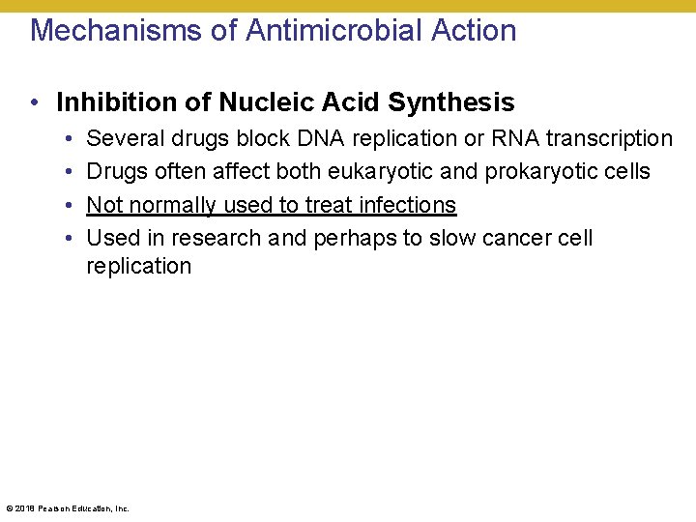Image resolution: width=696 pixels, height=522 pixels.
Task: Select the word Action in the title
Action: click(x=474, y=31)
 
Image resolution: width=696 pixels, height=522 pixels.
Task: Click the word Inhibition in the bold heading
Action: click(x=107, y=102)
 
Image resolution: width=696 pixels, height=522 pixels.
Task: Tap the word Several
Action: click(x=125, y=139)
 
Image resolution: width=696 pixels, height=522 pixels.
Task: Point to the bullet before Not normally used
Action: click(x=72, y=205)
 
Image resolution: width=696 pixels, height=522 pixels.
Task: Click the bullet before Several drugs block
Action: click(x=72, y=139)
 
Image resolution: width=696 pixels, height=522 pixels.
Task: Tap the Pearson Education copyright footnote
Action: click(x=68, y=507)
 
